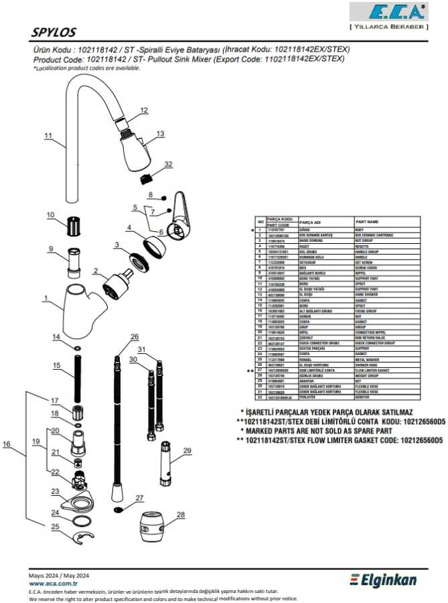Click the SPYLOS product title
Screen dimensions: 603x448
[x=54, y=32]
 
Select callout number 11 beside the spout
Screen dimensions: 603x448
[x=48, y=135]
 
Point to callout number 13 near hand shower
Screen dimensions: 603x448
[x=160, y=134]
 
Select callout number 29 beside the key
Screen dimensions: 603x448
[x=188, y=450]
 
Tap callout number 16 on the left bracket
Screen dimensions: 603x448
[x=7, y=444]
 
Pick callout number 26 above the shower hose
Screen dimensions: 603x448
[x=135, y=336]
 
